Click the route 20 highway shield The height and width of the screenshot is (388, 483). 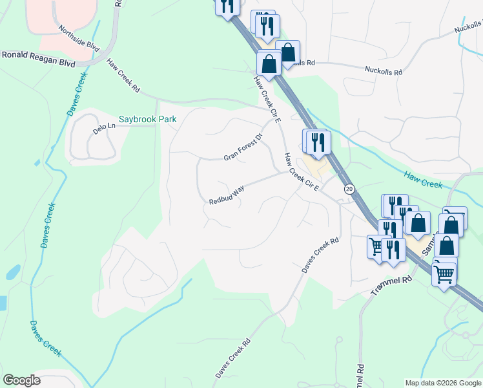click(x=349, y=188)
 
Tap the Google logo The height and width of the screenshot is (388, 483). click(x=21, y=380)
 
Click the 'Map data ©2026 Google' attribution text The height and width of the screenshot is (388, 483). click(x=443, y=383)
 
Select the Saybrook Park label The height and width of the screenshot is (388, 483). click(x=147, y=120)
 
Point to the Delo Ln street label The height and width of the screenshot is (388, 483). click(x=103, y=128)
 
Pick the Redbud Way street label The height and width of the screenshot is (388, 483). click(x=227, y=194)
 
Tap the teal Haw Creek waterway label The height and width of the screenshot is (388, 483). click(x=423, y=179)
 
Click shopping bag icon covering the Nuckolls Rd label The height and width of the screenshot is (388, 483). click(x=289, y=52)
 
